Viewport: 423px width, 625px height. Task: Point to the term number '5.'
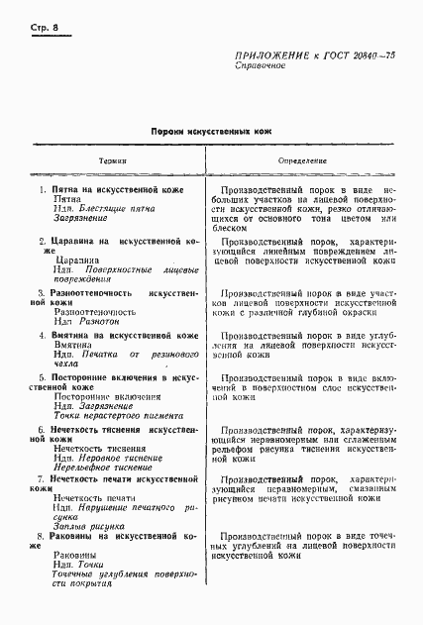(x=41, y=378)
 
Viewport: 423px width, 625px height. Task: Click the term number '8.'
(x=41, y=536)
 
